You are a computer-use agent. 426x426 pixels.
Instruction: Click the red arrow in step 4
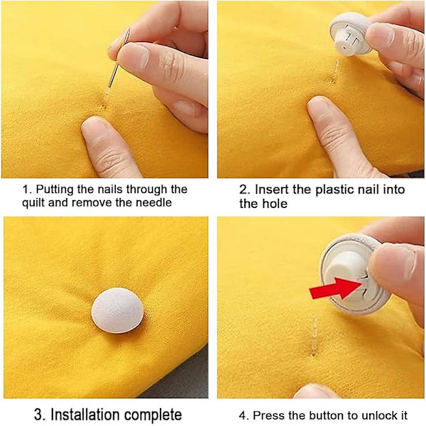click(337, 288)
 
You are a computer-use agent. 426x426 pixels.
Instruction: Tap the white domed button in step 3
click(118, 310)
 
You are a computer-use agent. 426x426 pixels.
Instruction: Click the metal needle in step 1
click(119, 58)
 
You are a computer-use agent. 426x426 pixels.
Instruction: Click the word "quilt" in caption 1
click(33, 203)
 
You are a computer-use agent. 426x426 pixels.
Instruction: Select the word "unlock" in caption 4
click(375, 415)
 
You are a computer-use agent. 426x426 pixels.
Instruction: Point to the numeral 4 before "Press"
click(244, 415)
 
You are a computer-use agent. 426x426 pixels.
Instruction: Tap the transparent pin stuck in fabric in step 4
click(315, 336)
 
